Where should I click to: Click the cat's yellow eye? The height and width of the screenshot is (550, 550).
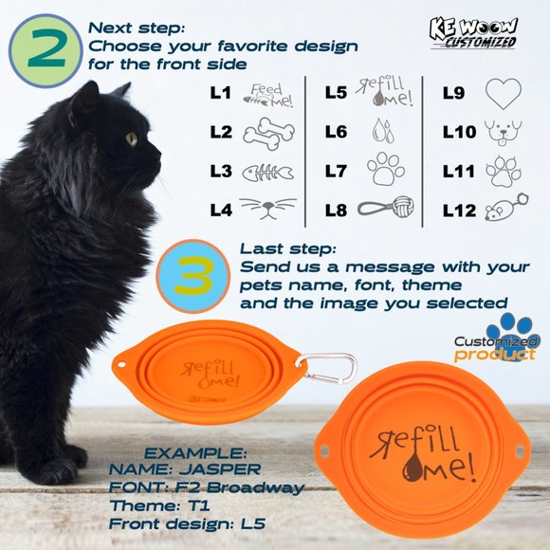(x=132, y=139)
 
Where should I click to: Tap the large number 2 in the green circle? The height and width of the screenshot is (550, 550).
(x=46, y=48)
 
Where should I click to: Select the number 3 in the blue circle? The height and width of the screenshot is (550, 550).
(x=193, y=276)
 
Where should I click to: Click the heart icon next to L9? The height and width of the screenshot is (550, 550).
(x=504, y=93)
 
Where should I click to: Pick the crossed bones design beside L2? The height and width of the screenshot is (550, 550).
(x=269, y=134)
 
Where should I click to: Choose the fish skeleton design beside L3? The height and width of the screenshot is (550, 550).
(x=268, y=173)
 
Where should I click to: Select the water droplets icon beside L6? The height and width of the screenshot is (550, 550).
(x=383, y=131)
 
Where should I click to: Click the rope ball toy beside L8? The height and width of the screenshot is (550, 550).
(x=386, y=208)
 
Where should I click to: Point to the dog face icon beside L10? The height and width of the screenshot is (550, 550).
(x=503, y=133)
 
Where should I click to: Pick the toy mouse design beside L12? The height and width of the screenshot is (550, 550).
(x=506, y=208)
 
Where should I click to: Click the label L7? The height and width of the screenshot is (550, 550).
(x=336, y=172)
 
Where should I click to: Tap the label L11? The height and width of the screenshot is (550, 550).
(x=458, y=172)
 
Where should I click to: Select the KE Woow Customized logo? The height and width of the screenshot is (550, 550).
(x=473, y=33)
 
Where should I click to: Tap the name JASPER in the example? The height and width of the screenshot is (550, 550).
(x=220, y=469)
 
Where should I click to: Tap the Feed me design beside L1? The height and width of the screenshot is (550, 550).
(x=268, y=96)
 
